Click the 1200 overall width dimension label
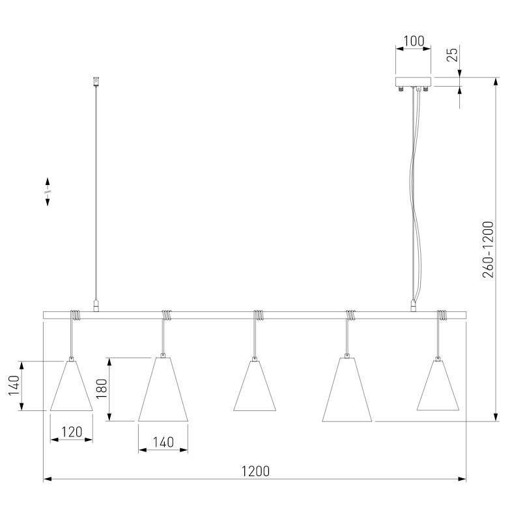click(255, 471)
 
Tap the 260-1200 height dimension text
click(488, 249)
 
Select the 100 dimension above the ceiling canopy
click(414, 41)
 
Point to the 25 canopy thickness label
click(452, 54)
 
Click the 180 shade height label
click(102, 388)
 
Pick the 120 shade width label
click(72, 432)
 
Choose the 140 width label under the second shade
click(163, 442)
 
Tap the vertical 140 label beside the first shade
click(14, 386)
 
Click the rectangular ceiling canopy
click(413, 81)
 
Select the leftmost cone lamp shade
click(71, 386)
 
